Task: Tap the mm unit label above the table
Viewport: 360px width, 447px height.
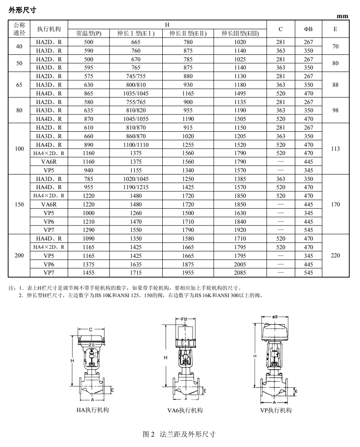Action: tap(343, 16)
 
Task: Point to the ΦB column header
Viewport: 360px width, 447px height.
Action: tap(308, 29)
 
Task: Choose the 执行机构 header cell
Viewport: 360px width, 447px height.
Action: tap(49, 29)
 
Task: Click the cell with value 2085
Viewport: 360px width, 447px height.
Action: tap(240, 273)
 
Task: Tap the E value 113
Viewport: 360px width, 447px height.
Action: tap(335, 149)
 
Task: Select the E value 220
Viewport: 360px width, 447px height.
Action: tap(335, 256)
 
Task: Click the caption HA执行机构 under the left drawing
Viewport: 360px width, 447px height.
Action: tap(90, 410)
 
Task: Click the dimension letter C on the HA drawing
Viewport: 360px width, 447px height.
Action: tap(90, 330)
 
